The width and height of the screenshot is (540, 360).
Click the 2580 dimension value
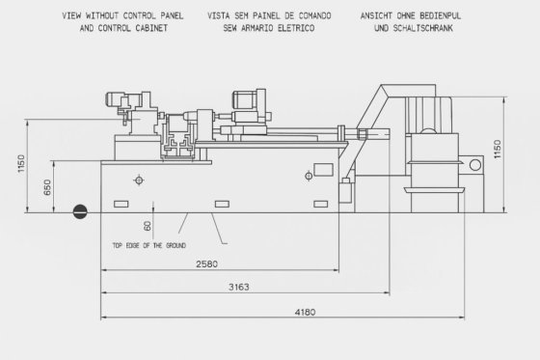[206, 264]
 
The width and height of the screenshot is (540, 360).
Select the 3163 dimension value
[239, 287]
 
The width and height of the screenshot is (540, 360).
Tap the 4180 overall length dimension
[305, 312]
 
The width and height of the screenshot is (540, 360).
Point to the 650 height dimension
[47, 187]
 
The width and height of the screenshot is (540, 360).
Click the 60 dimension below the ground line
[147, 226]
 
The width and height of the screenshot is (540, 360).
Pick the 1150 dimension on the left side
[21, 164]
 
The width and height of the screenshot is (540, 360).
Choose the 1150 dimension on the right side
[498, 149]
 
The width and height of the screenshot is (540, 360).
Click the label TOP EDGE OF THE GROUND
[149, 245]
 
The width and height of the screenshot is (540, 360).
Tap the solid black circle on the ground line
[80, 211]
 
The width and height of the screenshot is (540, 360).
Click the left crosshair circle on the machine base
[139, 180]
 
